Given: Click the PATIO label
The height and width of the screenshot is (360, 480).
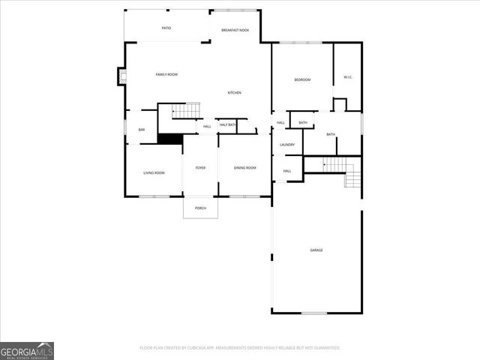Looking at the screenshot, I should [x=166, y=28].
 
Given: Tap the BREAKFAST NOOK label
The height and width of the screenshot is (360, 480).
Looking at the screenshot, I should [x=235, y=30].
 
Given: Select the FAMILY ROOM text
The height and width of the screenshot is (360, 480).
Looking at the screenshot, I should [x=166, y=74].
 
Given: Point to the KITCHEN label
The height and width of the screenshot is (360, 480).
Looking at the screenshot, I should [x=235, y=92].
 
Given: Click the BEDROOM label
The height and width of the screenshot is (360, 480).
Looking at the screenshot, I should [x=302, y=79].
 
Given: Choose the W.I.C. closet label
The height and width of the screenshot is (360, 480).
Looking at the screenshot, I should [x=348, y=76].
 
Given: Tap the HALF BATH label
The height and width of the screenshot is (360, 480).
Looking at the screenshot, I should [x=227, y=124].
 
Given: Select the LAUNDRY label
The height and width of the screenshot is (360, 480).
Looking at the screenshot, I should [x=287, y=144].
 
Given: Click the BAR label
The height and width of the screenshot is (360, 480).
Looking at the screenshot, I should [x=142, y=130].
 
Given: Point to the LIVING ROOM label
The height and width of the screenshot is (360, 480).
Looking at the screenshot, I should [x=154, y=172].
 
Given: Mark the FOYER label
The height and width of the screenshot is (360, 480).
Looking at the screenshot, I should [x=200, y=167].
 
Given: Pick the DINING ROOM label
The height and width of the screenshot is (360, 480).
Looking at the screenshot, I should [x=244, y=167].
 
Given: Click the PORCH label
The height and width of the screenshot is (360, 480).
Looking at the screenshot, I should [x=200, y=208].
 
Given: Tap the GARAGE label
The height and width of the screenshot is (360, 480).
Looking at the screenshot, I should [x=316, y=250].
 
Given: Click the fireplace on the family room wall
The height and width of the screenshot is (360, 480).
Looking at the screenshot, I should [x=121, y=76].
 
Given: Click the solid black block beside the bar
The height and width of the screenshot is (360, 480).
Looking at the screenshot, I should [x=170, y=139].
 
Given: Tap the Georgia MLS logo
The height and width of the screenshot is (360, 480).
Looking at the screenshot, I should [x=27, y=350].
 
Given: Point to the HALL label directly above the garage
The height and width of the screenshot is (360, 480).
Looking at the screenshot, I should [x=287, y=171].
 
